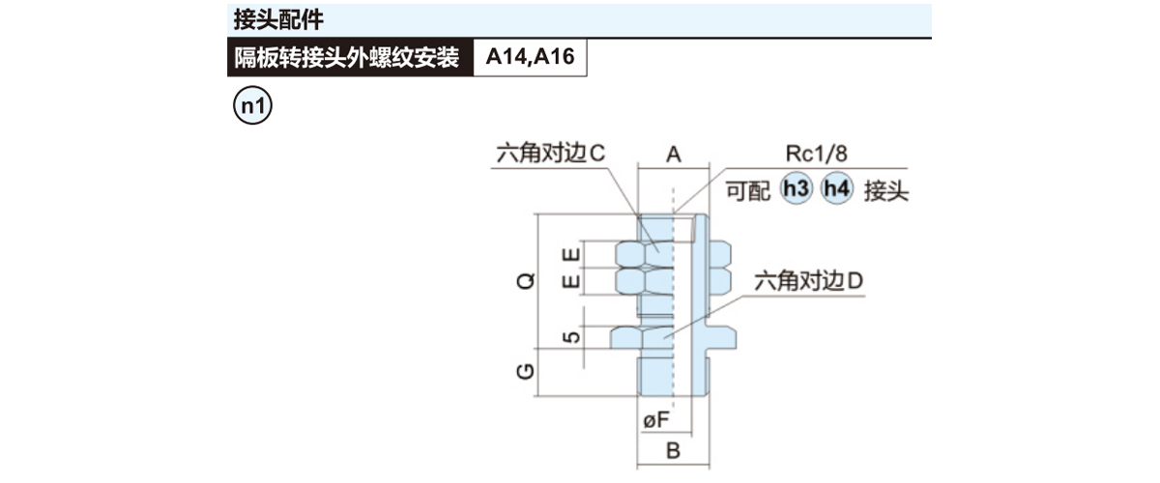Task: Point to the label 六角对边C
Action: click(549, 155)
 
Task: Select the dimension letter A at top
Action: click(674, 155)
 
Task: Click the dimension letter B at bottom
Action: click(674, 450)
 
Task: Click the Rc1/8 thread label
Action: click(818, 155)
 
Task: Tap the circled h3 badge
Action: click(797, 189)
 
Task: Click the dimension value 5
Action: click(572, 338)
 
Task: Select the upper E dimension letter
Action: click(572, 255)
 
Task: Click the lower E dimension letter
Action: click(572, 281)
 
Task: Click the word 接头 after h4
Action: click(886, 190)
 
